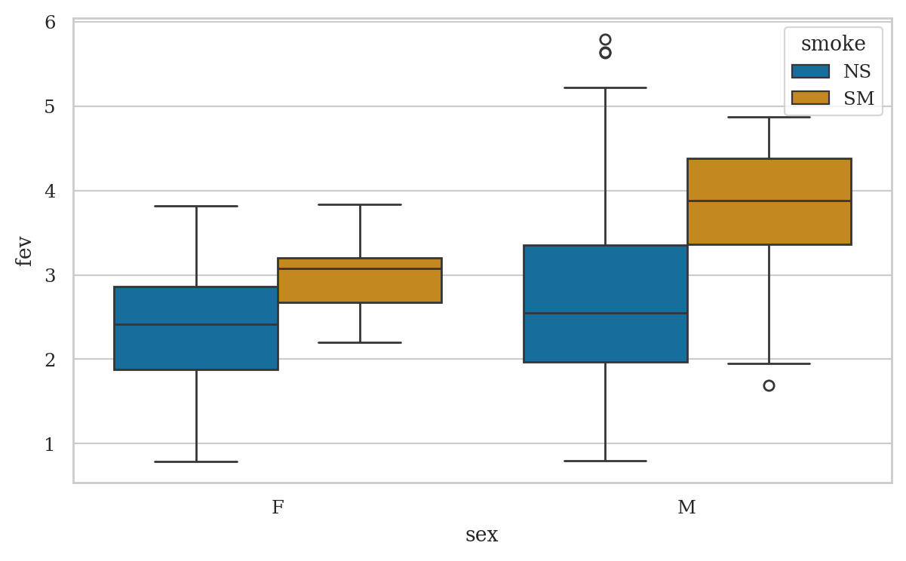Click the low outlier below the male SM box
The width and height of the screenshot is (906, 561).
(x=769, y=385)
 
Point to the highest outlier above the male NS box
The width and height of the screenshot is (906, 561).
(x=605, y=39)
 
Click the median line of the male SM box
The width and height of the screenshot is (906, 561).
(x=769, y=201)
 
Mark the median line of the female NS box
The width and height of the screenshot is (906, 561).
(x=196, y=324)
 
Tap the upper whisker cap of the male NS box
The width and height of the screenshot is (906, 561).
(x=605, y=87)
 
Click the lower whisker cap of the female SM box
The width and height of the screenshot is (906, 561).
(x=360, y=342)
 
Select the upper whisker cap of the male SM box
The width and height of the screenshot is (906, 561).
(x=769, y=118)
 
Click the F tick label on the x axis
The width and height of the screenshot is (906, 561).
(x=278, y=507)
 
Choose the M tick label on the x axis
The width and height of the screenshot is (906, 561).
(x=686, y=507)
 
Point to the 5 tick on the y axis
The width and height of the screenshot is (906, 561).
(x=50, y=106)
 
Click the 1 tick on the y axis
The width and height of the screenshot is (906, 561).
(x=50, y=444)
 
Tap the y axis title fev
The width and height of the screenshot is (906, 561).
(x=24, y=251)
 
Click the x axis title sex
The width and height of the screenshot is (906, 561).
(x=481, y=535)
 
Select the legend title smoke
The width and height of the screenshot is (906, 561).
(x=833, y=44)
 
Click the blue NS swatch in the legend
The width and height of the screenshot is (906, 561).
(x=810, y=72)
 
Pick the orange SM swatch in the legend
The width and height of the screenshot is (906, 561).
(x=810, y=98)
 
